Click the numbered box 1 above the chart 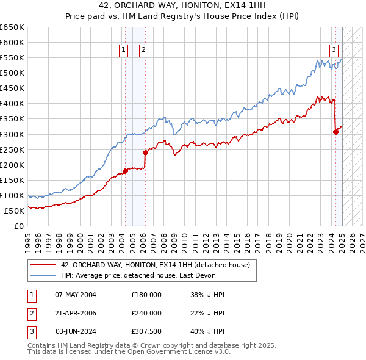pos(124,51)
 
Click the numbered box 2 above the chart pos(143,51)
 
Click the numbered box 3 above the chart pos(334,51)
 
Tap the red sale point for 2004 pos(125,171)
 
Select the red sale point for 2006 pos(145,153)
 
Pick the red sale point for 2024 pos(335,132)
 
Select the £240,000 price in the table pos(146,313)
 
